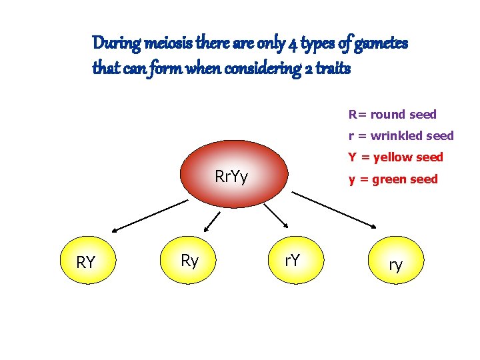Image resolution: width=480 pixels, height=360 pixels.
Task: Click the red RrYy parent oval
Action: point(231,176)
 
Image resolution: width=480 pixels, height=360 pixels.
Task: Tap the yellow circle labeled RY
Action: point(86,261)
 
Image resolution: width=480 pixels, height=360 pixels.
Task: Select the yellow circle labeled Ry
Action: point(189,260)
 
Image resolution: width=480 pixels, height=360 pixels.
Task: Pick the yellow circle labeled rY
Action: point(292,260)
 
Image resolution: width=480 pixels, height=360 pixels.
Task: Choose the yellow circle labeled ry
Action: point(396,265)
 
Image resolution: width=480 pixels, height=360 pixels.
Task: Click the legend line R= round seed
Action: point(392,115)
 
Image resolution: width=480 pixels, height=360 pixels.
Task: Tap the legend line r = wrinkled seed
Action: point(401,136)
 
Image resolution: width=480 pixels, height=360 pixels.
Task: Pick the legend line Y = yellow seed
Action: point(395,157)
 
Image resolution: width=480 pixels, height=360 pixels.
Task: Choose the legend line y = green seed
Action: point(393,179)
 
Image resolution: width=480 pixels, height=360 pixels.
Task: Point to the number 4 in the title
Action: point(293,45)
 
